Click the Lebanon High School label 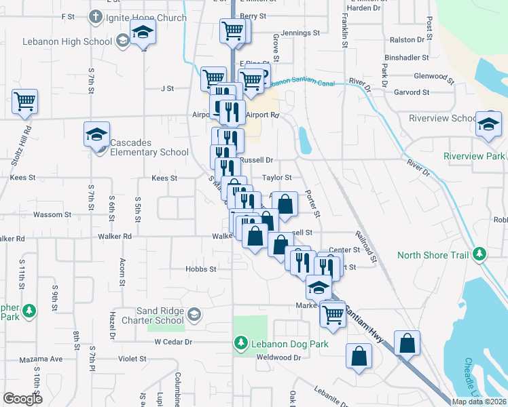67,41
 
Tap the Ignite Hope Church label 145,18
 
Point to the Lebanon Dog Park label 289,344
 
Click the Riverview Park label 474,156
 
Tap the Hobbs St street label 200,269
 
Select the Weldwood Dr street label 278,357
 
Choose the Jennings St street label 300,33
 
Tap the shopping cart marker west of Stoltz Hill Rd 24,102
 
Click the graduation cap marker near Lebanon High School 143,33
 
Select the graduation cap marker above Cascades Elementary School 96,133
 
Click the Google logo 22,399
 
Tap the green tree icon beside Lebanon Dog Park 240,344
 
